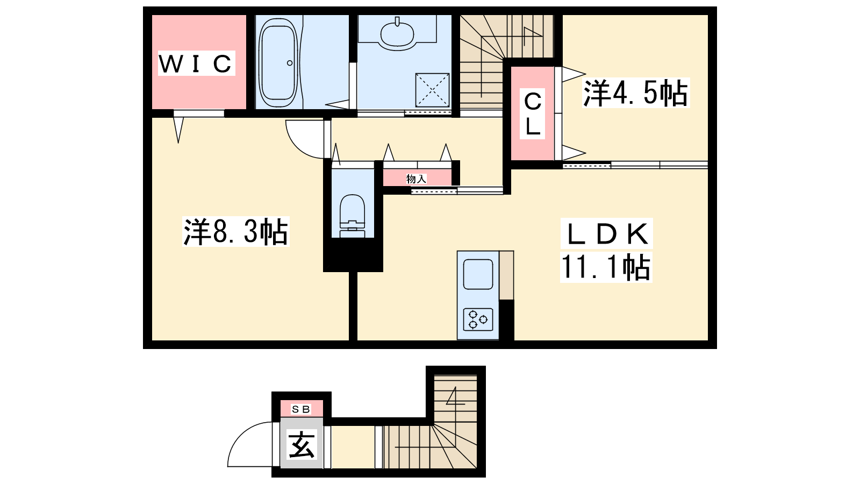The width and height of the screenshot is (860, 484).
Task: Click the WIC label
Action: tap(196, 63)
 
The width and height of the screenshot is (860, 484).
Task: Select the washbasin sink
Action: tap(397, 33)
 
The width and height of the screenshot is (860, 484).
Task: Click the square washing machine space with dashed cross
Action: tap(432, 90)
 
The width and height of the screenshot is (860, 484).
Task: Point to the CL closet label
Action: tap(533, 113)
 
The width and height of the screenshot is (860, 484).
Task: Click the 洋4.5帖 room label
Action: tap(635, 92)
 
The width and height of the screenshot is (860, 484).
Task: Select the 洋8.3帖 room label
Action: tap(236, 232)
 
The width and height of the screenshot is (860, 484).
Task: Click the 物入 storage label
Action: tap(417, 179)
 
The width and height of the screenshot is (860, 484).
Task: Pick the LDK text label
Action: tap(607, 233)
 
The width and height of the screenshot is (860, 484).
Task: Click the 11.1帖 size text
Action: tap(606, 267)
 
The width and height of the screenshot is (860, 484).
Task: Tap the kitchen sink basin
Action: tap(478, 274)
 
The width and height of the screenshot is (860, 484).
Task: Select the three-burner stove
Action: tap(478, 319)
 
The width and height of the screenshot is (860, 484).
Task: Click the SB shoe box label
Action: tap(301, 409)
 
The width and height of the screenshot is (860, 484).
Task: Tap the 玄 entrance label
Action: tap(302, 445)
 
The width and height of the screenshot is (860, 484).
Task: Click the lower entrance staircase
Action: tap(430, 433)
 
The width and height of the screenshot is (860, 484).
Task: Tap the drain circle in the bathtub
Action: tap(290, 63)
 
